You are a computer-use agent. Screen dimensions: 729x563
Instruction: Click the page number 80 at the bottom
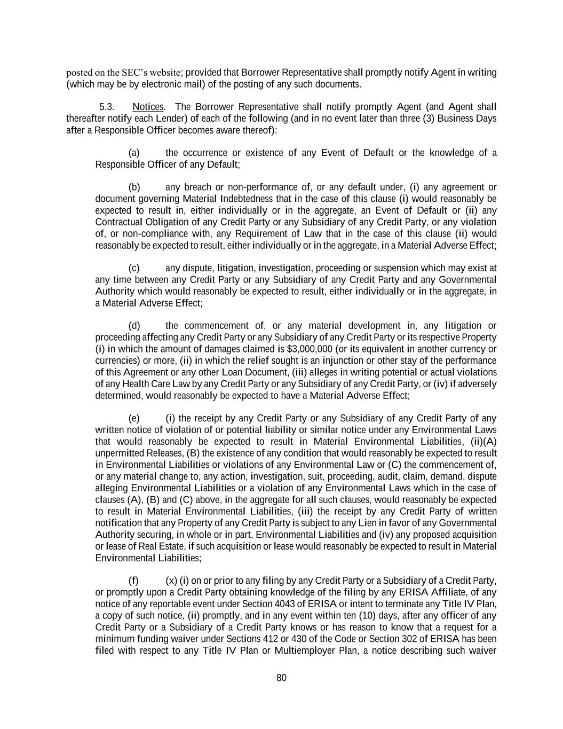click(x=281, y=678)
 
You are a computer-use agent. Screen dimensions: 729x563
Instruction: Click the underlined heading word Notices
click(x=148, y=107)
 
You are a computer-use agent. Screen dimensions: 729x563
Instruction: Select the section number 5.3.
click(x=107, y=107)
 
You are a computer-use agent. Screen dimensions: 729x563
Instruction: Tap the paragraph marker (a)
click(x=134, y=153)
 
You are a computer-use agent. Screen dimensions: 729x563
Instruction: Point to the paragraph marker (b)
click(x=134, y=187)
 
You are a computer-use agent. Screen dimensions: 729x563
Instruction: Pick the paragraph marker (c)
click(x=134, y=268)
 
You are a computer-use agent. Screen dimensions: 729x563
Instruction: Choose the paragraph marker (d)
click(x=134, y=326)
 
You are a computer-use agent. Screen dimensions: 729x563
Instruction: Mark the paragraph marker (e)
click(x=134, y=418)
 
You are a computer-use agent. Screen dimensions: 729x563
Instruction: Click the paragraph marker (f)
click(x=133, y=581)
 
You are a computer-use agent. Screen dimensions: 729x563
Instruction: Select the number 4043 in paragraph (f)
click(x=275, y=604)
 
